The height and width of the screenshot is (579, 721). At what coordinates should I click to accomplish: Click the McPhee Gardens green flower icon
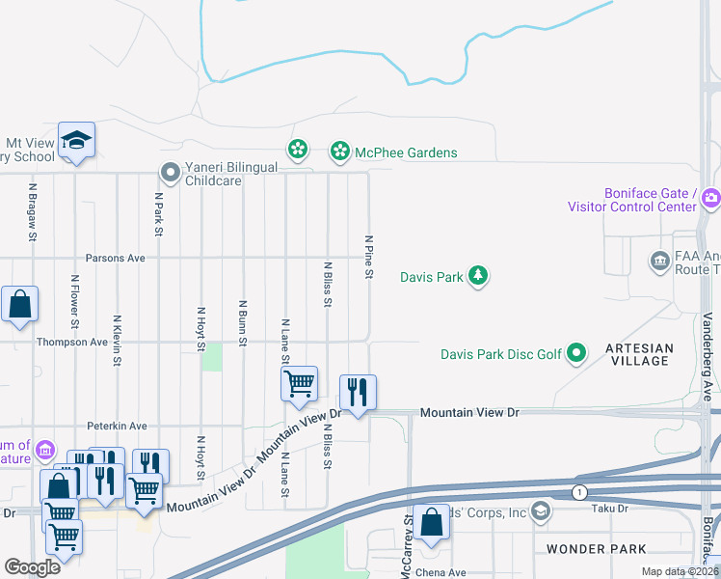pos(339,151)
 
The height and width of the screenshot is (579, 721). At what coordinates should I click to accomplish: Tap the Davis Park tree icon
pos(478,277)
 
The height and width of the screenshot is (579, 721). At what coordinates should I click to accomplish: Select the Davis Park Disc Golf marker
pos(576,354)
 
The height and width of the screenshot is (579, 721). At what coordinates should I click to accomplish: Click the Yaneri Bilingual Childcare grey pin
pos(171,173)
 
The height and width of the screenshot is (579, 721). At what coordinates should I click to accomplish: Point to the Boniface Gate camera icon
pos(711,199)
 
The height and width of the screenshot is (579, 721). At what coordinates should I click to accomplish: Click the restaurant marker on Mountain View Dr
pos(358,392)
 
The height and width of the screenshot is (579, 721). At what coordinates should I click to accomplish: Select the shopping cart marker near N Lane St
pos(299,382)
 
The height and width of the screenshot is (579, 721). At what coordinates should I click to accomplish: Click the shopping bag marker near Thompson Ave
pos(19,304)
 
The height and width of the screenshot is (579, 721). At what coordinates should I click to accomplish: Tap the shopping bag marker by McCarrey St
pos(433,522)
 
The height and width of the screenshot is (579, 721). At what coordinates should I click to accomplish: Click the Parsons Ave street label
pos(115,259)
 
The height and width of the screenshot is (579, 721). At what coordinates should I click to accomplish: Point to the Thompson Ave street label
pos(72,343)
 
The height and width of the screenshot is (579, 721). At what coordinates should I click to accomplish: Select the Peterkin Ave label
pos(117,426)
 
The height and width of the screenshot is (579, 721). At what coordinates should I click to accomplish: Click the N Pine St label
pos(368,257)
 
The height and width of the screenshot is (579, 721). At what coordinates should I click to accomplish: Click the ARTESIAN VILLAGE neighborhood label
pos(639,354)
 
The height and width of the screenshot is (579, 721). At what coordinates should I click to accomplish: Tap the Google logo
pos(32,566)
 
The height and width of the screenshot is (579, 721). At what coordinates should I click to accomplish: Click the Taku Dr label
pos(637,509)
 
